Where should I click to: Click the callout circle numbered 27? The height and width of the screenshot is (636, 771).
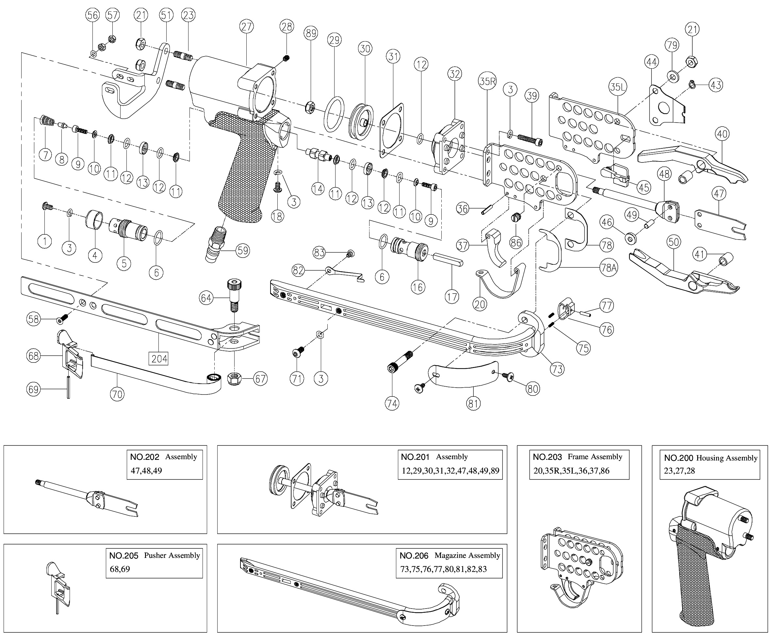pos(247,27)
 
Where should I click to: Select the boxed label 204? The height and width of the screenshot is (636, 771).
pos(159,358)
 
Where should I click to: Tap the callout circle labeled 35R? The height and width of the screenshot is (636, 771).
pos(487,81)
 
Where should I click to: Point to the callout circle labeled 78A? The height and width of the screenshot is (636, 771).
pos(608,268)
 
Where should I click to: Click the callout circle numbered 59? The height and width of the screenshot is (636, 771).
pos(242,251)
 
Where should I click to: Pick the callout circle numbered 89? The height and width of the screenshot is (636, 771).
pos(311,33)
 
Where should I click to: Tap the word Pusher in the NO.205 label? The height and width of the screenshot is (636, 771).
pos(157,555)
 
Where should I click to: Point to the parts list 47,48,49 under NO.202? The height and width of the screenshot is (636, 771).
pos(146,471)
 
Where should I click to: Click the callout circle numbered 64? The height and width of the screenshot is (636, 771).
pos(206,298)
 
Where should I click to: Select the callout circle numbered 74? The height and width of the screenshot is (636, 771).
pos(392,403)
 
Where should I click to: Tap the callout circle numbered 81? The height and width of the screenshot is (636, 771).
pos(473,403)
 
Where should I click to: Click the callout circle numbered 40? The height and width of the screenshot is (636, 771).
pos(722,134)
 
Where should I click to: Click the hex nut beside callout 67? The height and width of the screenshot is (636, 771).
pos(233,379)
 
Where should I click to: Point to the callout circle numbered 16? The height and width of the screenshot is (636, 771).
pos(418,287)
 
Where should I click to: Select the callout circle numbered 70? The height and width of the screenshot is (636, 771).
pos(117,394)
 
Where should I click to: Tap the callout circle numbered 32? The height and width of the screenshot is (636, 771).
pos(454,74)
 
